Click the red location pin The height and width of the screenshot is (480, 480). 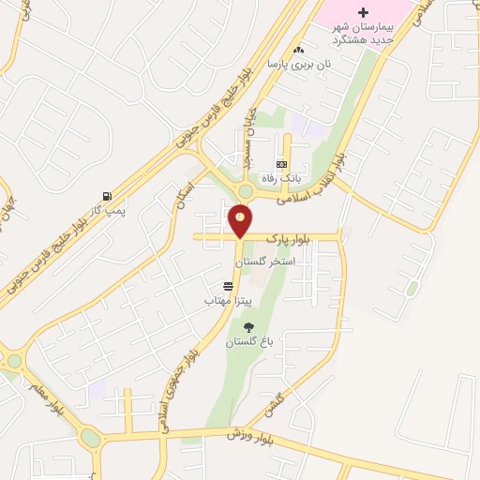pyautogui.click(x=240, y=221)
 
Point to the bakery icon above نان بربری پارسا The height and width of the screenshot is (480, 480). pyautogui.click(x=298, y=50)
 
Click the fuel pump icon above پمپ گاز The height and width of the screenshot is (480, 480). pyautogui.click(x=110, y=197)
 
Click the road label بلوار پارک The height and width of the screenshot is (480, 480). pyautogui.click(x=286, y=238)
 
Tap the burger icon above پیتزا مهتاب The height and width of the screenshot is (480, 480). pyautogui.click(x=228, y=286)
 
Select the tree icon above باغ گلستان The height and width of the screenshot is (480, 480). pyautogui.click(x=248, y=327)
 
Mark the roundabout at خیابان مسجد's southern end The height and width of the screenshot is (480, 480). pyautogui.click(x=245, y=190)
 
